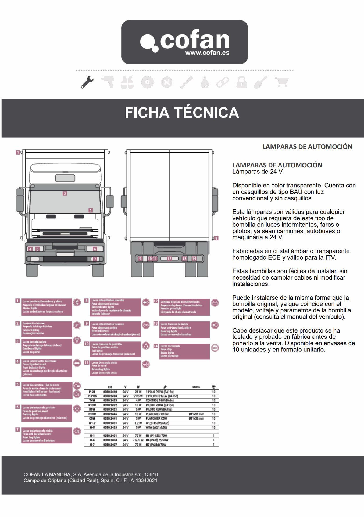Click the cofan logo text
pos(195,40)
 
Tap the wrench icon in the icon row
pos(87,82)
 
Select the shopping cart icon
pos(281,82)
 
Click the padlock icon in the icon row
pos(241,82)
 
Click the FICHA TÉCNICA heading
pos(182,113)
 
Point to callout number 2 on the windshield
pos(65,193)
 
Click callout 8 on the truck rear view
pos(216,238)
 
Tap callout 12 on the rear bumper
pos(169,258)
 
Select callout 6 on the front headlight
pos(95,249)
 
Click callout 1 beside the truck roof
pos(18,152)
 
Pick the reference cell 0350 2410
pos(110,392)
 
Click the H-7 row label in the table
pos(92,445)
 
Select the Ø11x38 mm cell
pos(196,418)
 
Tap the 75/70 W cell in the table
pos(138,440)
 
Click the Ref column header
pos(110,387)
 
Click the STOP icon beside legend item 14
pos(215,348)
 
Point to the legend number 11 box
pos(87,362)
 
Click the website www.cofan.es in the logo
pos(207,53)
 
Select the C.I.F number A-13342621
pos(144,481)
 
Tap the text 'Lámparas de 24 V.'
pos(258,172)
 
